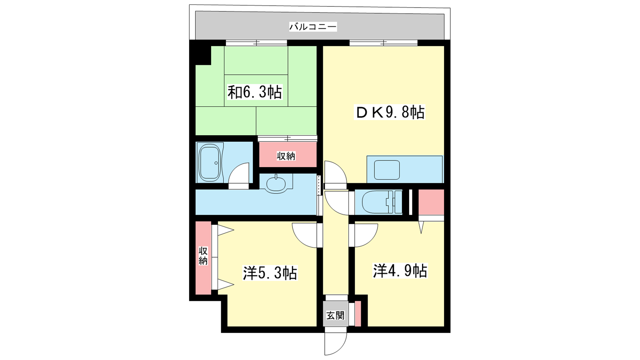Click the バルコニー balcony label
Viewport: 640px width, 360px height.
pyautogui.click(x=313, y=27)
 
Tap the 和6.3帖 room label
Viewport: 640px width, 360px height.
pyautogui.click(x=255, y=92)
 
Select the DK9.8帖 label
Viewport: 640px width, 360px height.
pyautogui.click(x=390, y=112)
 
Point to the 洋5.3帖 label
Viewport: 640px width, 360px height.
pyautogui.click(x=270, y=273)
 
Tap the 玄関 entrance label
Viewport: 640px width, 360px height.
pyautogui.click(x=336, y=316)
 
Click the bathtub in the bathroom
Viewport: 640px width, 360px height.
pyautogui.click(x=210, y=162)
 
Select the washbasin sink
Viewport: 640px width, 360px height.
pyautogui.click(x=276, y=184)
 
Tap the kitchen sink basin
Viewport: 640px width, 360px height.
pyautogui.click(x=387, y=170)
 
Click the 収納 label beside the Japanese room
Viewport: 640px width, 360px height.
pyautogui.click(x=286, y=156)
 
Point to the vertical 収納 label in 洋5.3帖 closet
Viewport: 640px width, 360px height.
pyautogui.click(x=203, y=256)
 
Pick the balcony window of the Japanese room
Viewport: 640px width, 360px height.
pyautogui.click(x=256, y=43)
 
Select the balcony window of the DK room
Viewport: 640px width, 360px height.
pyautogui.click(x=384, y=43)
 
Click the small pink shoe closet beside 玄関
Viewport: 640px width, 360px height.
pyautogui.click(x=358, y=314)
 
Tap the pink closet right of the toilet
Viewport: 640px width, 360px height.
pyautogui.click(x=432, y=202)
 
